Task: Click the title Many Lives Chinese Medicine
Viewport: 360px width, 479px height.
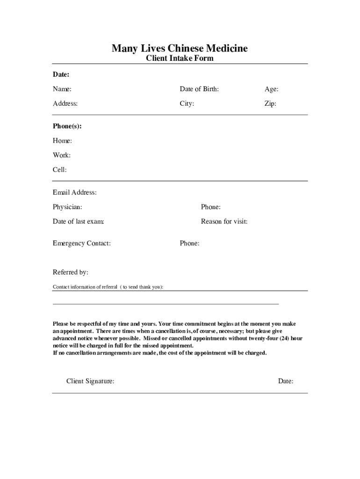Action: click(x=180, y=48)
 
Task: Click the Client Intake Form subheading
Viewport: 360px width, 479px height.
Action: click(x=180, y=58)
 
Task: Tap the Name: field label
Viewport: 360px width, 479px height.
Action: click(x=62, y=89)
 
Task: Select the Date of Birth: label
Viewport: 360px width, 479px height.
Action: click(x=199, y=89)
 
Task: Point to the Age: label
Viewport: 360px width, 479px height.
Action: click(x=272, y=89)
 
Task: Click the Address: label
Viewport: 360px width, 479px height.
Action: click(x=65, y=103)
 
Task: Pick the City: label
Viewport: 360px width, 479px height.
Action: click(x=187, y=103)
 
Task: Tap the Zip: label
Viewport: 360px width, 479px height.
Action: click(x=270, y=103)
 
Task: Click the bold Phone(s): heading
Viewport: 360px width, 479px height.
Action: click(x=64, y=126)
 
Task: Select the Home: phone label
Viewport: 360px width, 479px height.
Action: click(x=62, y=141)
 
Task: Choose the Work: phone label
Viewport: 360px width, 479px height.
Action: click(x=62, y=155)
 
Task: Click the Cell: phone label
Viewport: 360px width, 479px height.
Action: click(x=60, y=170)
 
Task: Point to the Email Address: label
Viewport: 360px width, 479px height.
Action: click(x=75, y=192)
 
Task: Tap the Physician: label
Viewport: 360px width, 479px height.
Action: click(x=67, y=207)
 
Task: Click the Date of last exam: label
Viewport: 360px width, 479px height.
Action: click(x=78, y=221)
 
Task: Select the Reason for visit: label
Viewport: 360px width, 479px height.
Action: click(x=224, y=221)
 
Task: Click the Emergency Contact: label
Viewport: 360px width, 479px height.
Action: click(x=82, y=243)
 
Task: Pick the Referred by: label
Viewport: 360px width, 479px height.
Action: click(x=70, y=272)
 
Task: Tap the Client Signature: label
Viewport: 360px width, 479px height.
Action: click(x=90, y=381)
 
